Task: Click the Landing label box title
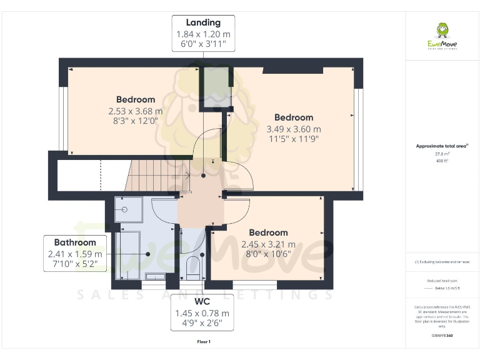203,23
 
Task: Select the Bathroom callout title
75,242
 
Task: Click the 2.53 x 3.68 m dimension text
136,111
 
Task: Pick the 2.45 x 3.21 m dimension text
269,244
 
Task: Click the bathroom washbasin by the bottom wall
155,275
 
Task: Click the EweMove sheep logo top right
442,32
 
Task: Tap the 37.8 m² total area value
442,154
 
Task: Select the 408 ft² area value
442,161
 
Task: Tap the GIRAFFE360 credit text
442,336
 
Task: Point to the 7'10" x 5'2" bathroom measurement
75,265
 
